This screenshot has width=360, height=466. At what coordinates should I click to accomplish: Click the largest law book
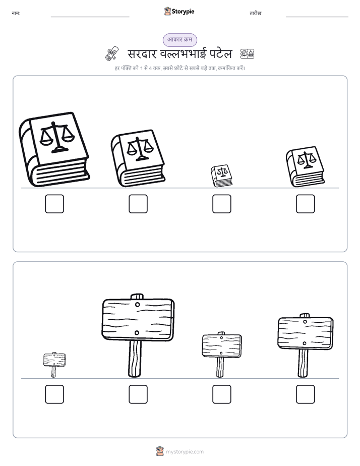tap(54, 149)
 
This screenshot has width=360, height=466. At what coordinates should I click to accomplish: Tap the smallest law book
tap(221, 176)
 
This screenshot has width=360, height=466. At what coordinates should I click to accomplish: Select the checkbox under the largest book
tap(54, 204)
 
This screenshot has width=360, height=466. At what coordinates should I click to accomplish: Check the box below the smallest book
tap(221, 204)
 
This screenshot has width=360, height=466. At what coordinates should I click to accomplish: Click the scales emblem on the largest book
tap(57, 138)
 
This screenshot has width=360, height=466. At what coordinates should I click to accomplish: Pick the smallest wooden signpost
tap(54, 364)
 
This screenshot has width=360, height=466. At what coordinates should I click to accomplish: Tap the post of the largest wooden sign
tap(135, 359)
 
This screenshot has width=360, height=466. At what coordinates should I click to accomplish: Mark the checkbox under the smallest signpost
tap(54, 394)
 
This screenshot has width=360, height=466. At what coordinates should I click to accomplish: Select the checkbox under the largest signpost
tap(138, 394)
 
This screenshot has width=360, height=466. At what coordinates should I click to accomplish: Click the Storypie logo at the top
tap(179, 11)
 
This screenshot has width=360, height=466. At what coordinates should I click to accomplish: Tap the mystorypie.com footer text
tap(185, 452)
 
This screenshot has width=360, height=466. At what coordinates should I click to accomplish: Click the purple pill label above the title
tap(179, 40)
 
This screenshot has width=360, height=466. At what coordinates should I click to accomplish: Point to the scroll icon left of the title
tap(112, 54)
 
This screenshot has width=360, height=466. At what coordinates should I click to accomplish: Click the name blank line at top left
tap(90, 17)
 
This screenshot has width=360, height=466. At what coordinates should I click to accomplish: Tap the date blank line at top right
tap(317, 17)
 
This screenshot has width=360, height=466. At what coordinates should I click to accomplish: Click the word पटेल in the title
tap(221, 53)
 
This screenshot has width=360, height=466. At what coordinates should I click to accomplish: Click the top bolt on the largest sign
tap(138, 305)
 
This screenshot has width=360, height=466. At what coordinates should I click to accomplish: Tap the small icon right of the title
tap(247, 54)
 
